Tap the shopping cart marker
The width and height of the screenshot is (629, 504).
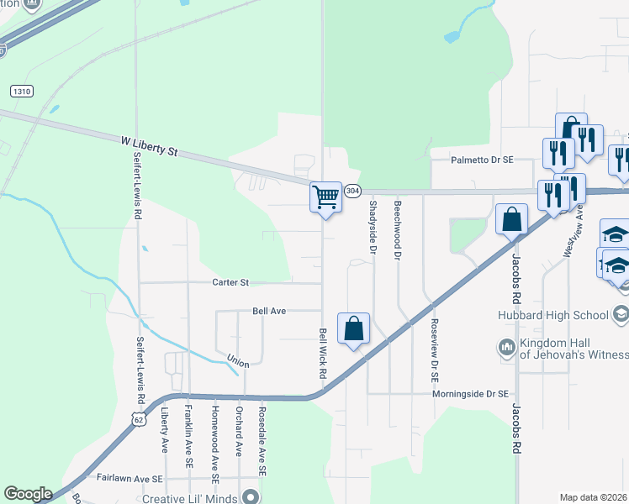coord(325,198)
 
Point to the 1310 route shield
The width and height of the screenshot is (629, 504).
coord(23,91)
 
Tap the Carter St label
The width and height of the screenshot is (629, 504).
coord(230,283)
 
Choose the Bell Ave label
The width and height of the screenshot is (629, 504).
coord(269,311)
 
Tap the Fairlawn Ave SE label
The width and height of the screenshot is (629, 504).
coord(129,479)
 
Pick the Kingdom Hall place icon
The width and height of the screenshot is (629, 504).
coord(506,347)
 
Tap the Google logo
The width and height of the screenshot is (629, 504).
coord(28,494)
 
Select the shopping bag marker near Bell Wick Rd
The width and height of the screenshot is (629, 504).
coord(354,328)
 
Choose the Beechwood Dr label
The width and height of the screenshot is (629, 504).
coord(397,223)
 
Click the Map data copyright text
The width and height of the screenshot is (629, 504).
coord(594,497)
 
